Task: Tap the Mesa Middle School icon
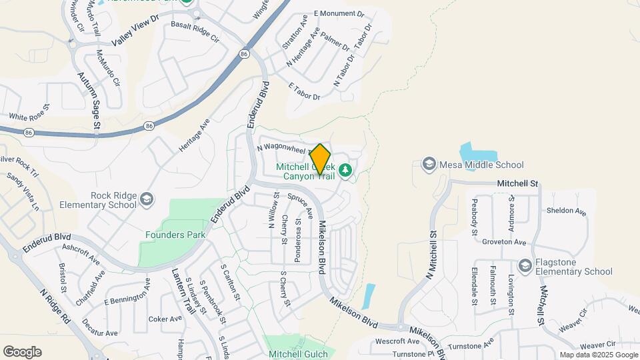click(429, 164)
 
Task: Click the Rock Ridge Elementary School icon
click(147, 199)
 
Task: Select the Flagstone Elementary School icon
click(525, 266)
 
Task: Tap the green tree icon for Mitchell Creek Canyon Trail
click(345, 171)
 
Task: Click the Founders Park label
click(175, 234)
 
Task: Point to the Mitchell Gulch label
click(298, 354)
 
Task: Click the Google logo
click(22, 352)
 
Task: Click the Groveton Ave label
click(505, 242)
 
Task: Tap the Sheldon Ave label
click(566, 211)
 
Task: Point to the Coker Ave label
click(165, 319)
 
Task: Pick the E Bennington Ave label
click(127, 293)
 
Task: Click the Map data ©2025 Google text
click(597, 355)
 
